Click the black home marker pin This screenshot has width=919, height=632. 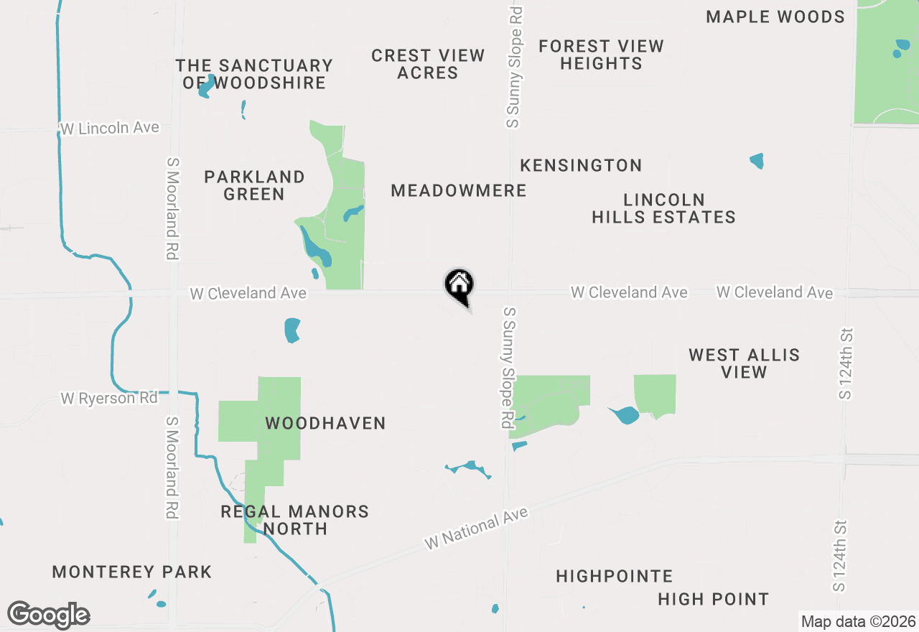[x=459, y=286]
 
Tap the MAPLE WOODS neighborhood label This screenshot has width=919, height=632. [x=775, y=17]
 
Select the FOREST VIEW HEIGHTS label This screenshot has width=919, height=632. [x=601, y=55]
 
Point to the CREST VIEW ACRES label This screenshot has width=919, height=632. [x=428, y=64]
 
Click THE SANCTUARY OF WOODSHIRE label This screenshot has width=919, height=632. [x=254, y=74]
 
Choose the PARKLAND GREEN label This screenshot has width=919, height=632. [x=254, y=185]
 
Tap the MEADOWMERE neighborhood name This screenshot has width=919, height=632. [x=459, y=190]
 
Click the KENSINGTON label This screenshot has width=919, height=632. [x=581, y=165]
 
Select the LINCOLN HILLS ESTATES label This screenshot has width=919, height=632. [x=663, y=208]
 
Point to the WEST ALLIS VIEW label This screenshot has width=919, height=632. [x=744, y=363]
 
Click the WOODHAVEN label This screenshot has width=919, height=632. [x=325, y=423]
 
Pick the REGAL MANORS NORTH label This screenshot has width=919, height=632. [x=294, y=520]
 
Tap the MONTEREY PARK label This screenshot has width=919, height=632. [x=132, y=572]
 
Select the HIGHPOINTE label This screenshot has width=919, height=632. [x=614, y=576]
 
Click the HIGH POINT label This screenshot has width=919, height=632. [x=713, y=599]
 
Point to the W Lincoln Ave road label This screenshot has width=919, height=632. [x=110, y=128]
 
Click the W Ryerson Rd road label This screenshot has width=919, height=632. [x=109, y=397]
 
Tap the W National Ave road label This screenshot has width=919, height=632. [x=476, y=529]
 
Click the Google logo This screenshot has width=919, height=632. [x=49, y=615]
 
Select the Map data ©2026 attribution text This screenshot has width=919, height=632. [x=858, y=621]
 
